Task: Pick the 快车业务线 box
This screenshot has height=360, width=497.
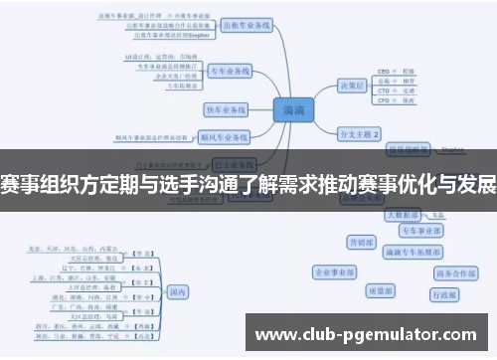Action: click(226, 108)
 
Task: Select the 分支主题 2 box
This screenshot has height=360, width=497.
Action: click(360, 131)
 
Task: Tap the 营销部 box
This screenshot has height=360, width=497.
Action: click(360, 242)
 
